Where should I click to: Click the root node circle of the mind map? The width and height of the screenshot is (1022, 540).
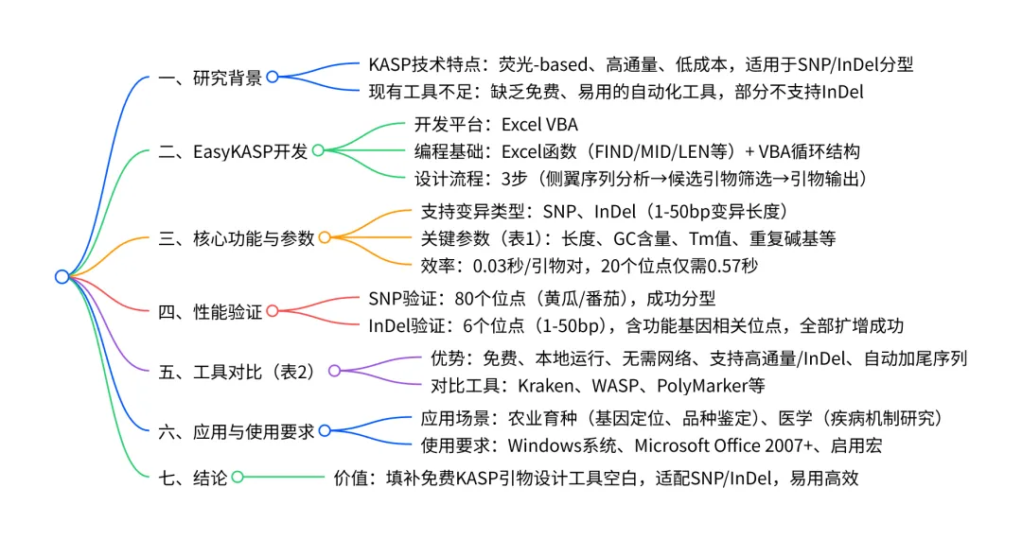tap(62, 276)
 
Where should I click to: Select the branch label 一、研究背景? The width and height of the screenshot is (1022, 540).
tap(210, 78)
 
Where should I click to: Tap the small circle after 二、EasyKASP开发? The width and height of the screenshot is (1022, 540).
tap(318, 150)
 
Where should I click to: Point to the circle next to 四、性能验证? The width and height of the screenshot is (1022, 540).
tap(272, 310)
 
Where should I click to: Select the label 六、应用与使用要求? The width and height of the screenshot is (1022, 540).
tap(237, 430)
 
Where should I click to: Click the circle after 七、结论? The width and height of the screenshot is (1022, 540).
tap(237, 479)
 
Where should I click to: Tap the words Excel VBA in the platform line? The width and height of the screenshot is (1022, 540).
tap(539, 125)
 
